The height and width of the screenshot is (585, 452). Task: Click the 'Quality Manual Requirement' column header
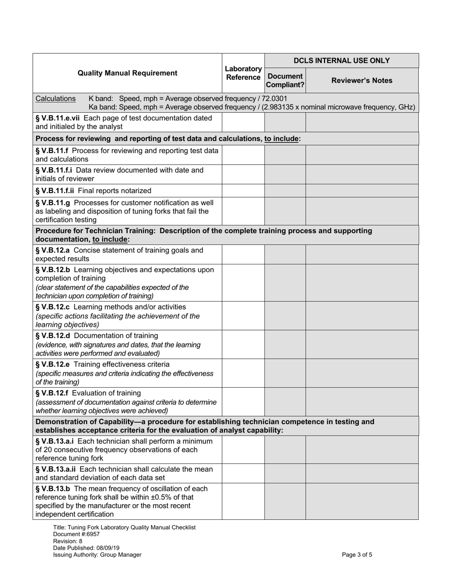[x=127, y=73]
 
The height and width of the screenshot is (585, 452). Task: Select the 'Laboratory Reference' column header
[x=243, y=73]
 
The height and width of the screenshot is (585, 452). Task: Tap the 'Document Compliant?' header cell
[x=285, y=80]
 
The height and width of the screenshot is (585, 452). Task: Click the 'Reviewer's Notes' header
[x=362, y=80]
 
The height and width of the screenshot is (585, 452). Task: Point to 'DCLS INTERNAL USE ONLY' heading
[x=341, y=60]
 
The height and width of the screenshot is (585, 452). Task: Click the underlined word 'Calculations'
[x=55, y=98]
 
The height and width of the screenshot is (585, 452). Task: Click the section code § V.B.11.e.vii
[x=59, y=118]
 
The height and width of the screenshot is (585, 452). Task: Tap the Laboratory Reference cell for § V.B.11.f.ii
[x=243, y=191]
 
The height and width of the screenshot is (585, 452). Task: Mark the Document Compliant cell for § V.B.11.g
[x=285, y=211]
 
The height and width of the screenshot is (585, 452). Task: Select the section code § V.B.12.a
[x=53, y=250]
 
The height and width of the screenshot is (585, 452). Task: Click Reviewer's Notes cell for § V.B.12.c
[x=362, y=315]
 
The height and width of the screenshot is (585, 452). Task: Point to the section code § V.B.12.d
[x=53, y=336]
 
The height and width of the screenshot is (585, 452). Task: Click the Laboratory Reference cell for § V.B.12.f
[x=243, y=402]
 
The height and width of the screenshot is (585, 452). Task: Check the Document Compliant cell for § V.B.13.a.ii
[x=285, y=473]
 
